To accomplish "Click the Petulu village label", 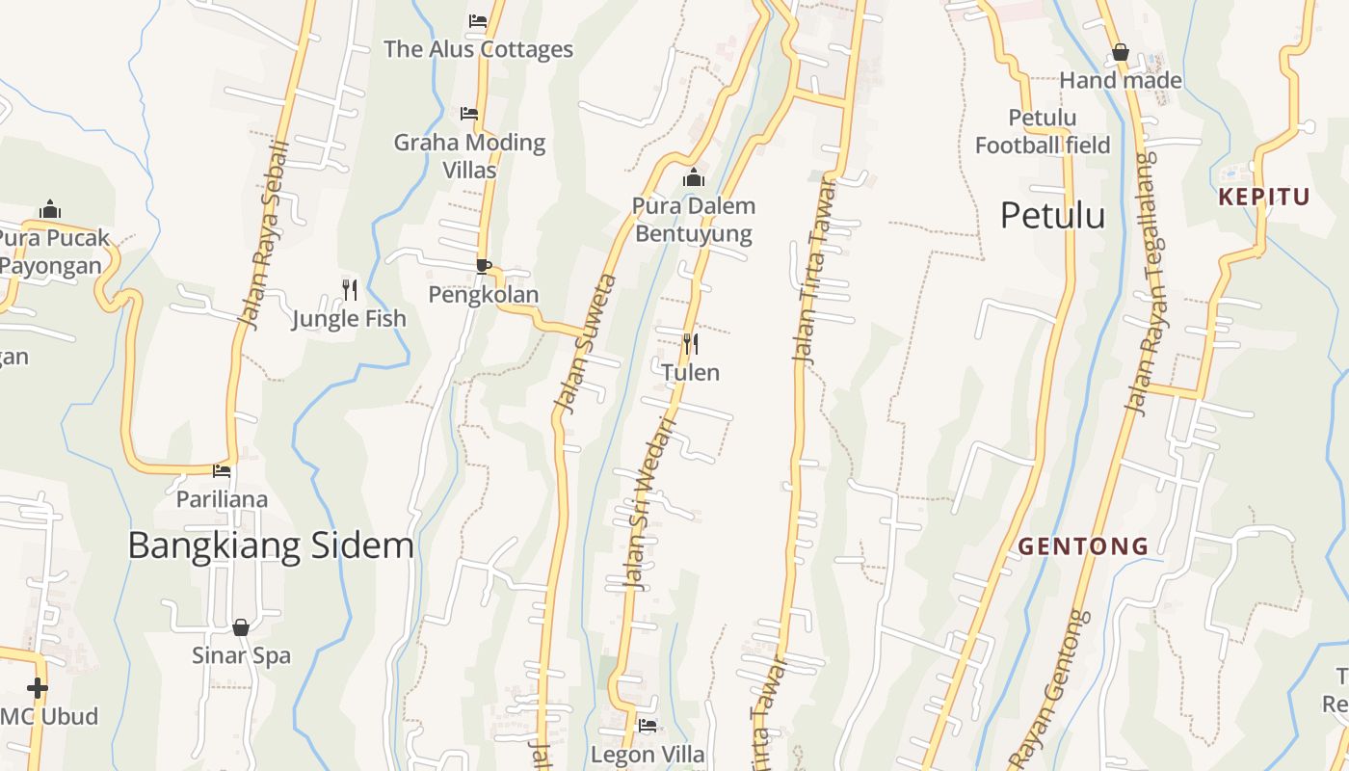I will [1052, 215].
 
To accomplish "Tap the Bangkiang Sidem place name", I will [271, 545].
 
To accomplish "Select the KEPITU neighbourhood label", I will [1264, 198].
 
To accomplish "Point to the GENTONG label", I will [1083, 546].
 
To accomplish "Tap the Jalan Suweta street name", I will [585, 344].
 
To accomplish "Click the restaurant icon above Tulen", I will [690, 343].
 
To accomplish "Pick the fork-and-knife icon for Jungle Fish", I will [349, 289].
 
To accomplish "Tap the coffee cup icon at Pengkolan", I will [484, 266].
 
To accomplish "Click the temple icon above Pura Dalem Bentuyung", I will [694, 177].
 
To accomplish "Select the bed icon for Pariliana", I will [222, 471].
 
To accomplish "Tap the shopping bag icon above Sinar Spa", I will [241, 627].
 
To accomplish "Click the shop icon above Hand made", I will [1120, 52].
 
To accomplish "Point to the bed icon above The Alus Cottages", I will [478, 20].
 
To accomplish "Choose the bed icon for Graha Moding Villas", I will [469, 114].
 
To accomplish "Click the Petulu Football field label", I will [1043, 132].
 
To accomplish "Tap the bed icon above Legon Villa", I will [648, 725].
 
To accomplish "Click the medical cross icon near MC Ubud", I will [38, 688].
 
